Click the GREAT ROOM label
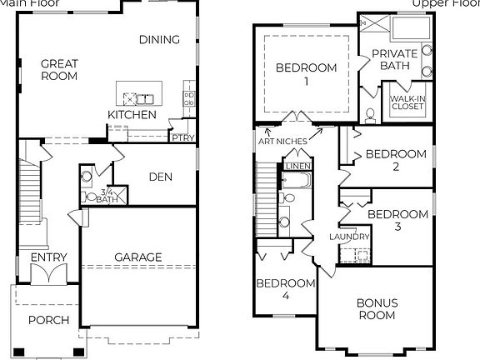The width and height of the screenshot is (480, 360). coord(59,69)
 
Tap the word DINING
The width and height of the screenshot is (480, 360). coord(159,39)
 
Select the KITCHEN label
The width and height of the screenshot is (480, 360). coord(132,113)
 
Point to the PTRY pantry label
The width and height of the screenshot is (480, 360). coord(181,137)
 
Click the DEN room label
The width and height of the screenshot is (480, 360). coord(160,176)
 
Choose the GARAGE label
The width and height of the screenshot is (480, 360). coord(138,257)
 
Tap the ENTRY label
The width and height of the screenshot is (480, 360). coord(49,257)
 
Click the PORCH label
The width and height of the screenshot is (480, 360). coord(48,320)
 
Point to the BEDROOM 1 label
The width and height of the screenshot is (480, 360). coord(306,74)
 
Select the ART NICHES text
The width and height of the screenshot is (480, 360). coord(282,141)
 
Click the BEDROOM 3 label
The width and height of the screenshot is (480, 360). coord(397,220)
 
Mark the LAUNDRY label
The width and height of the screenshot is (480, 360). coord(349,237)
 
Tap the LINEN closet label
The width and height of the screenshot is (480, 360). coord(297,166)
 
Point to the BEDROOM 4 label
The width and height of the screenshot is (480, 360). coord(285,289)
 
